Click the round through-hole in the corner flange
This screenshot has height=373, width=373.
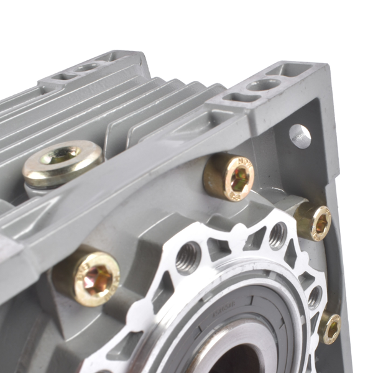pyautogui.click(x=300, y=136)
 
